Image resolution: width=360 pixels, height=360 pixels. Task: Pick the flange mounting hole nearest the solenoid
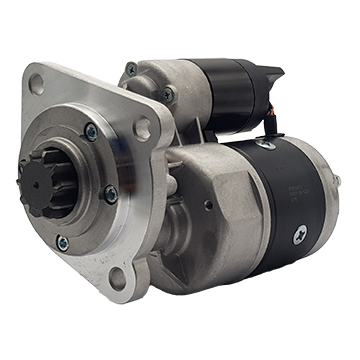142,127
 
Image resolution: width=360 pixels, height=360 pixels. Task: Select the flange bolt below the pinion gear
63,240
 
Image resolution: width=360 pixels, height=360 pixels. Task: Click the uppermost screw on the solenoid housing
132,69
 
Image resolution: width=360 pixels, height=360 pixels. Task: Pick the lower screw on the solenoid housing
167,96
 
